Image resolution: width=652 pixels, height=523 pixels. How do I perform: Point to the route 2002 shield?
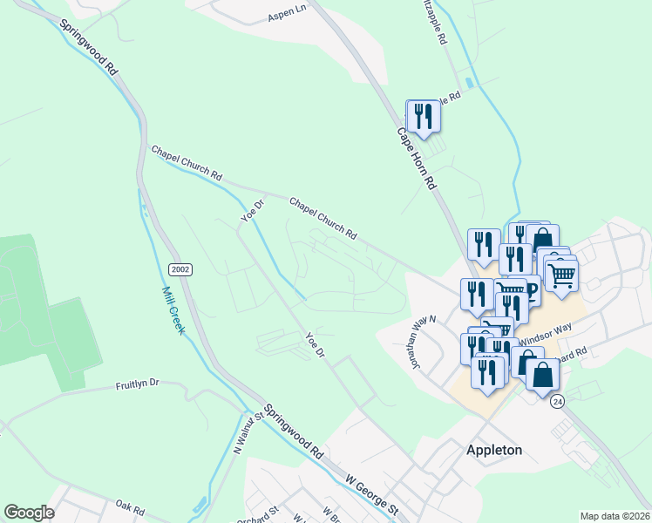click(181, 269)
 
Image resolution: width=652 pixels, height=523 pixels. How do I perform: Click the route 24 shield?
click(558, 401)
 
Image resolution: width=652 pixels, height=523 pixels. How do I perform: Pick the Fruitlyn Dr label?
click(139, 383)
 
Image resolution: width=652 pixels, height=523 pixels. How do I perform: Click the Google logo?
click(29, 513)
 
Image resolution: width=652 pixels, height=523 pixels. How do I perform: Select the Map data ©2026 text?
click(615, 516)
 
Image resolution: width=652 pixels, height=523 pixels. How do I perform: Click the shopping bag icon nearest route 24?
click(542, 375)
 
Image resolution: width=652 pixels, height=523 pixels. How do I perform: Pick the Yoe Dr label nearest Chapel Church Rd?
click(252, 208)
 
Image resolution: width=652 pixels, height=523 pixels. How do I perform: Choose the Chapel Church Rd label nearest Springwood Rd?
click(187, 163)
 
